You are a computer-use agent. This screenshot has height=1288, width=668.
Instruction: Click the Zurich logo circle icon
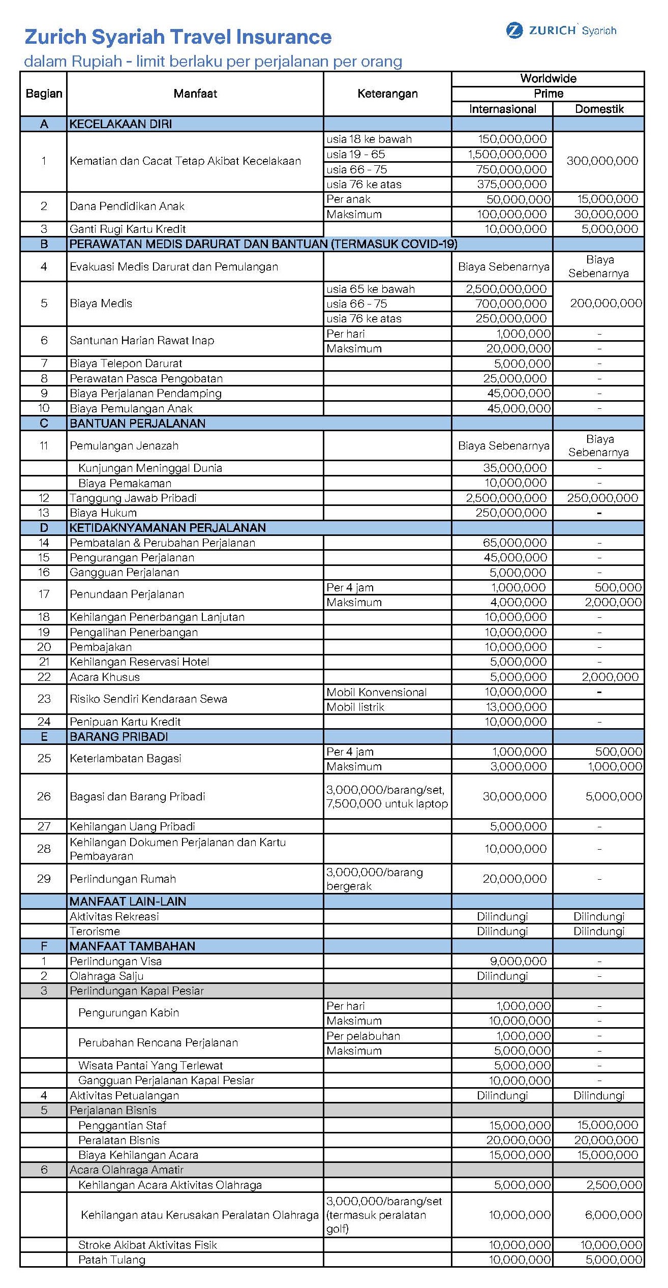tap(514, 31)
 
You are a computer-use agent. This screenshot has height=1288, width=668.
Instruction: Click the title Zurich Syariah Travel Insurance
tap(178, 37)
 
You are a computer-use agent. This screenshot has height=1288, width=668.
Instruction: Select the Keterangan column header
tap(387, 94)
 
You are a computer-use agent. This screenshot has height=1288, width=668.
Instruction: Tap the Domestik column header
tap(599, 109)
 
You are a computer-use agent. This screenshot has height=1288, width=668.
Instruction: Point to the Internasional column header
tap(502, 109)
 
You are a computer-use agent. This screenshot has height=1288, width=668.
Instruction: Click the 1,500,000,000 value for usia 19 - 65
tap(507, 154)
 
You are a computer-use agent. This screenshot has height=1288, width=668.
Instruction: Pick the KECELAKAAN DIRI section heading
tap(121, 124)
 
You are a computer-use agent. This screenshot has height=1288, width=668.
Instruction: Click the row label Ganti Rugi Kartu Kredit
tap(128, 229)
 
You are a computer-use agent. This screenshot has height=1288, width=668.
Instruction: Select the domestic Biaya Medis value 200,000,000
tap(605, 304)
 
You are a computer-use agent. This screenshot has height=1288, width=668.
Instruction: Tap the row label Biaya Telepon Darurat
tap(126, 364)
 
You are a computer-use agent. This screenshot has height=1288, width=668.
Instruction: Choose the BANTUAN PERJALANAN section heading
tap(138, 424)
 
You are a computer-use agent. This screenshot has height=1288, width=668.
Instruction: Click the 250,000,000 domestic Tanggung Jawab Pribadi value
tap(602, 498)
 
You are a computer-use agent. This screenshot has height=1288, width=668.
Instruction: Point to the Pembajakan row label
tap(101, 647)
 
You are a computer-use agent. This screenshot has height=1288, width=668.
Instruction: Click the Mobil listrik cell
tap(355, 707)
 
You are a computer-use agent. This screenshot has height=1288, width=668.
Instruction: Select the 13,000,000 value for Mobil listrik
tap(515, 707)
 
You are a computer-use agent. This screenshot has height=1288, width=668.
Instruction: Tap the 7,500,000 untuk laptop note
tap(387, 803)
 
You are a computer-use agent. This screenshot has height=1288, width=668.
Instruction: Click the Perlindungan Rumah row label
tap(123, 879)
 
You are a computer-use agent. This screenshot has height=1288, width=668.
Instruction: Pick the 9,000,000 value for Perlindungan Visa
tap(518, 961)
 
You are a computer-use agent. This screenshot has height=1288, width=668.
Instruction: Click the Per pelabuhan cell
tap(363, 1036)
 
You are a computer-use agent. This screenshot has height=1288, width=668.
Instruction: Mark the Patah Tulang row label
tap(112, 1260)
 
